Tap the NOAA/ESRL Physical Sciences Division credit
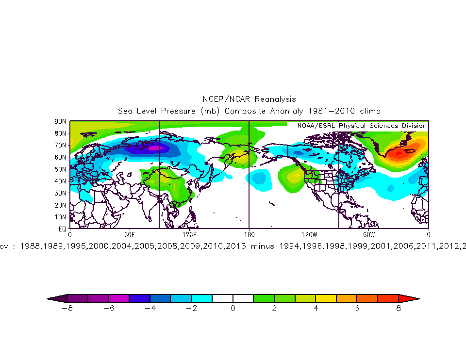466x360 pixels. pyautogui.click(x=358, y=126)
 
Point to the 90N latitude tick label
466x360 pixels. pyautogui.click(x=61, y=121)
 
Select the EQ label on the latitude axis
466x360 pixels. pyautogui.click(x=62, y=228)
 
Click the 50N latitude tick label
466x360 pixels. pyautogui.click(x=61, y=169)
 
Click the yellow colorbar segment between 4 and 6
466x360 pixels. pyautogui.click(x=326, y=298)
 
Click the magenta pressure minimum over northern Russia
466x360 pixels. pyautogui.click(x=154, y=148)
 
